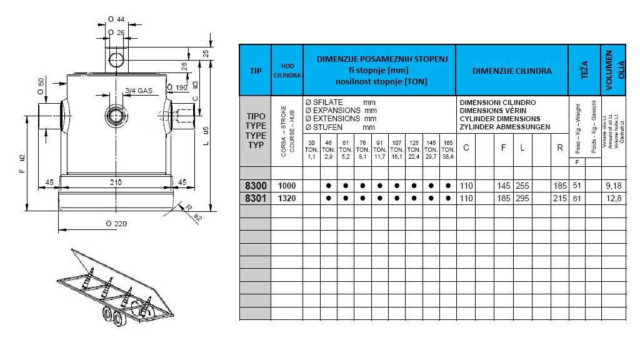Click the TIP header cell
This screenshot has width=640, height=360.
(x=255, y=71)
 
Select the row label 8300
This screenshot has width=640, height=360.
(x=255, y=186)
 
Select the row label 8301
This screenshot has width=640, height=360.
(x=255, y=199)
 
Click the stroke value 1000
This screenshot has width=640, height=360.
(x=287, y=186)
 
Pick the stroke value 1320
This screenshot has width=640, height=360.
(x=287, y=199)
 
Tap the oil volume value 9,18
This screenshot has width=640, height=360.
(x=613, y=186)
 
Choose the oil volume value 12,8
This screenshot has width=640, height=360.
(x=613, y=199)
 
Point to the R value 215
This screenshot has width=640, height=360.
(x=560, y=199)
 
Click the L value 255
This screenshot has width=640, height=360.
(x=522, y=186)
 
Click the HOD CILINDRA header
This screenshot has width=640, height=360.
(x=287, y=71)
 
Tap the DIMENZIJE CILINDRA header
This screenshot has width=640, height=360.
(x=512, y=71)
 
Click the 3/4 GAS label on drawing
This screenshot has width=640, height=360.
(x=139, y=91)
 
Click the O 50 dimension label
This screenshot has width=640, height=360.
(x=41, y=86)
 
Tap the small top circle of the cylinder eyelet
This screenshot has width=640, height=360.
(x=116, y=60)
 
